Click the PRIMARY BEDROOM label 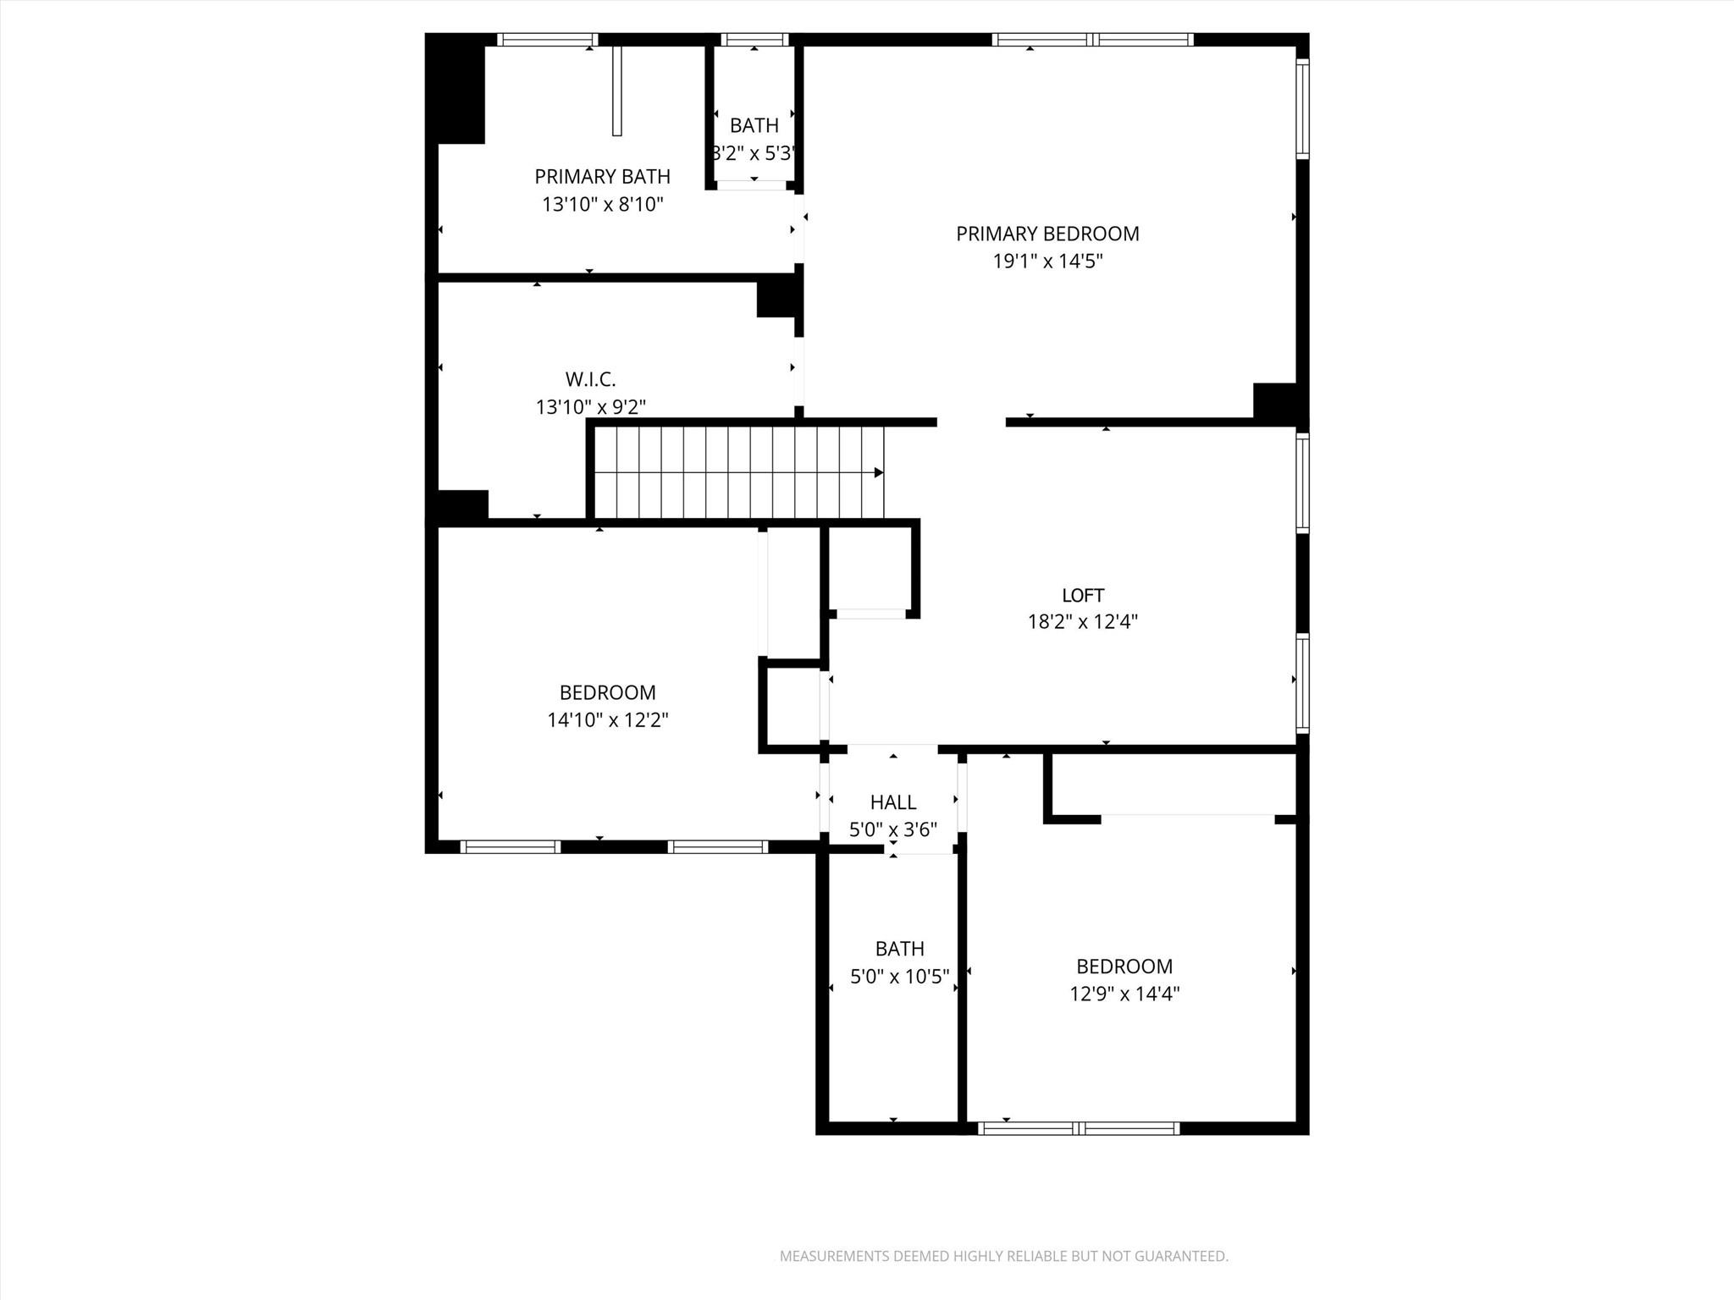pos(1047,234)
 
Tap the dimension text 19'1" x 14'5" pos(1047,262)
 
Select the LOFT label pos(1083,595)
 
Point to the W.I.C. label pos(590,379)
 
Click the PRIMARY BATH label pos(602,177)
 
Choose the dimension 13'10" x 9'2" pos(590,407)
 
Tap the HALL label pos(893,801)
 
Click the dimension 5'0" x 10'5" pos(899,977)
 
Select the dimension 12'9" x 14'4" pos(1124,994)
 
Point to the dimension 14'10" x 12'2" pos(608,720)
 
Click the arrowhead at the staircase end pos(879,472)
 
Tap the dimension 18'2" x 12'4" pos(1083,622)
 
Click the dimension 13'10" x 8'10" pos(602,204)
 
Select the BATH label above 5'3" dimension pos(754,125)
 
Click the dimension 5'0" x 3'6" pos(893,829)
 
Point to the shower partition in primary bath pos(617,91)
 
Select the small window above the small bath pos(754,39)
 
